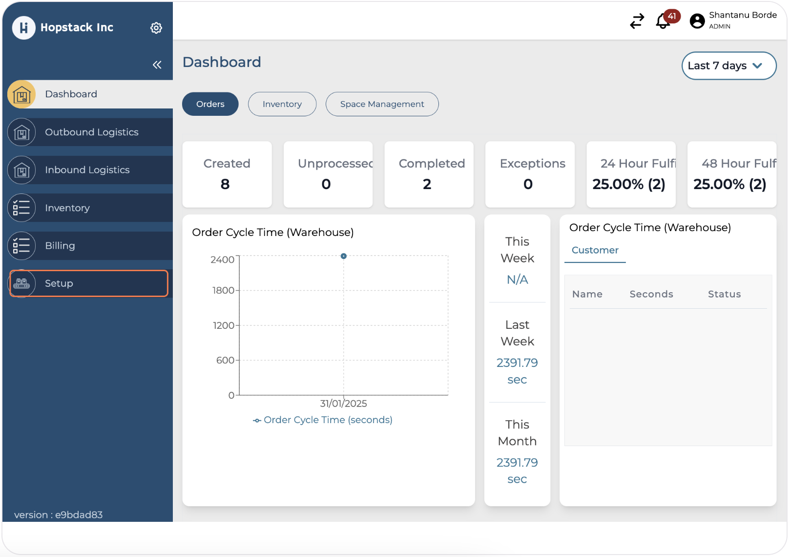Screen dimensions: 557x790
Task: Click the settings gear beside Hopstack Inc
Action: pos(156,28)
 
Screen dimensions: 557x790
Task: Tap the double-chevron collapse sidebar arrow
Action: pos(157,65)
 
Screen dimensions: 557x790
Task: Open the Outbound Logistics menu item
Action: pos(91,132)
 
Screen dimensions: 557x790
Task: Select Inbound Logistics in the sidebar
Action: pos(87,170)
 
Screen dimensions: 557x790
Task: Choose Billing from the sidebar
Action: pos(60,246)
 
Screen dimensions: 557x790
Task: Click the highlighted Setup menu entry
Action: pos(88,283)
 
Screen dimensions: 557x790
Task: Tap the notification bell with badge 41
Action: pos(663,21)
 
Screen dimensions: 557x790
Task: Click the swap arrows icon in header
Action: pos(637,21)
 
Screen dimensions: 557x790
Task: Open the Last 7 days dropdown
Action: pos(728,66)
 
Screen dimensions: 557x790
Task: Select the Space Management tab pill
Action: pos(382,104)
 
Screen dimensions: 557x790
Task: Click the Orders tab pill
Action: pos(210,104)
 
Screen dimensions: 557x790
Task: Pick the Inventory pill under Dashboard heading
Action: pos(282,104)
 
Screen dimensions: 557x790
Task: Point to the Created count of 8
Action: pos(225,184)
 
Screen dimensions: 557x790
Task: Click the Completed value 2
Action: pos(427,184)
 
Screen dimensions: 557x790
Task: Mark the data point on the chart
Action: pos(344,256)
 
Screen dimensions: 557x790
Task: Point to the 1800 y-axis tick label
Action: pos(223,291)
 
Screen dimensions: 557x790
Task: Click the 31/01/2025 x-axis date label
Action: pos(343,404)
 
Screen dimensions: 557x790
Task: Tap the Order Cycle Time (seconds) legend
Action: pos(323,420)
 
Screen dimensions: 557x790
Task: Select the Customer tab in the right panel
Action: pos(595,250)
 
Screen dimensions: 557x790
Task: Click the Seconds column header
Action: pos(651,294)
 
